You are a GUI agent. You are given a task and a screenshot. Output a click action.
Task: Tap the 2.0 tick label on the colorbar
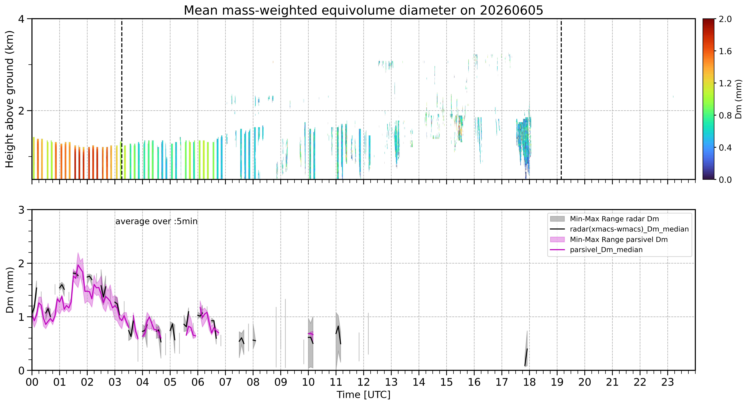(x=725, y=19)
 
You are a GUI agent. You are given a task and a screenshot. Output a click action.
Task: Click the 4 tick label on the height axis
(x=21, y=19)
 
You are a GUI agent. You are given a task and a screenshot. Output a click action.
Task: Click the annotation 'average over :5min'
(x=156, y=222)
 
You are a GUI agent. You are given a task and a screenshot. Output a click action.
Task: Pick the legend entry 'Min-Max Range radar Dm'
(x=614, y=219)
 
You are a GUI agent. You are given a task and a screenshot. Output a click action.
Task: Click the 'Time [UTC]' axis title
(x=364, y=395)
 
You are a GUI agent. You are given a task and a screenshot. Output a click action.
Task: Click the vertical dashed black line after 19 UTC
(x=561, y=99)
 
